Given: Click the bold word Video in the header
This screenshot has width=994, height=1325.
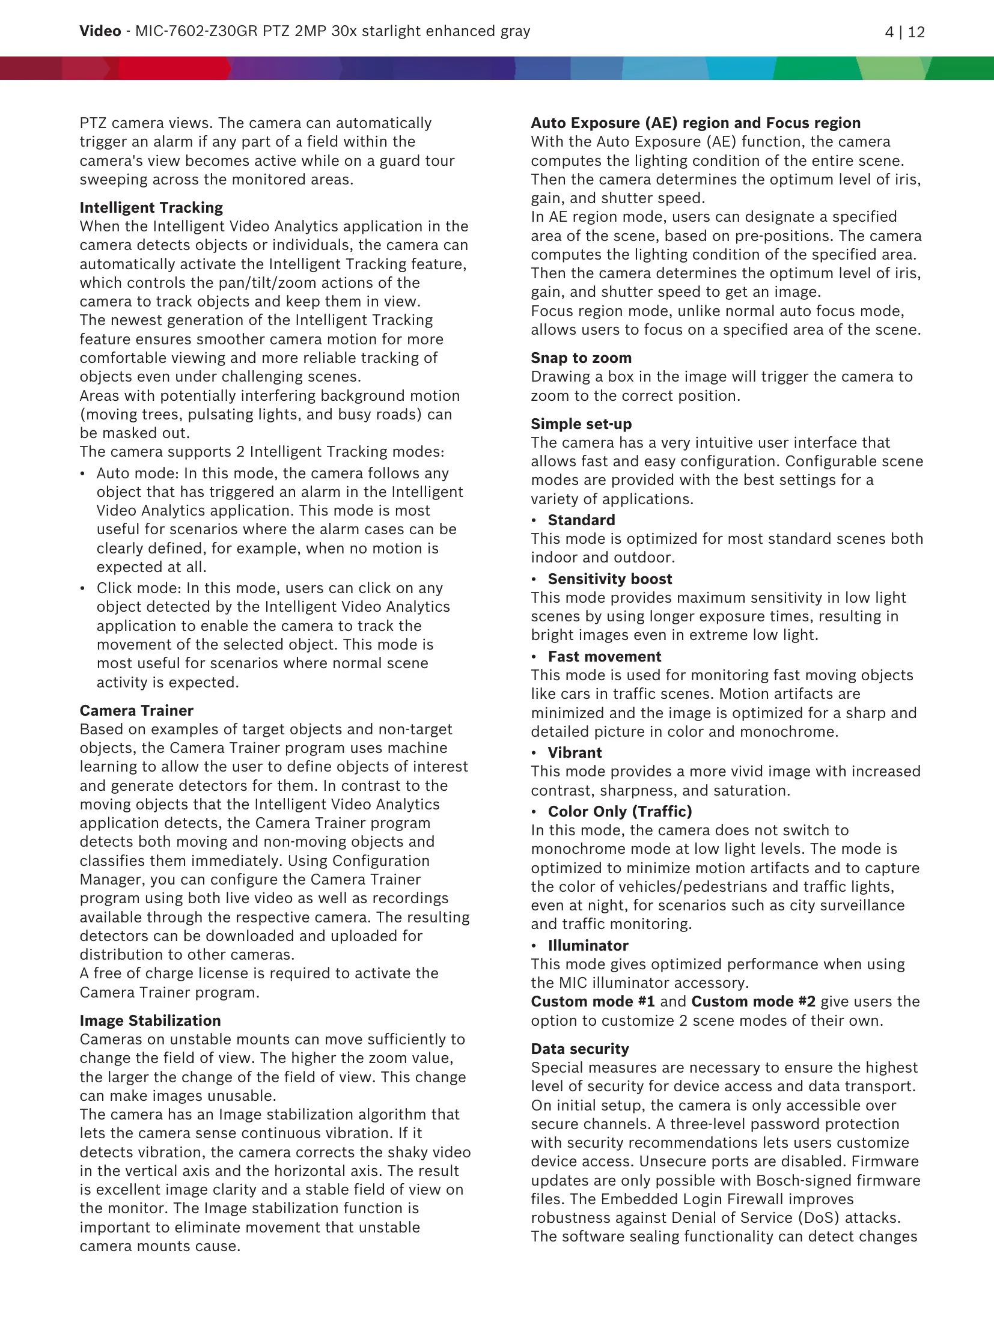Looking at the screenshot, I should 100,31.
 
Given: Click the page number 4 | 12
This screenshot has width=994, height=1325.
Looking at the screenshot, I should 904,32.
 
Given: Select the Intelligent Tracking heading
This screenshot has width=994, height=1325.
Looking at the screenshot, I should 151,207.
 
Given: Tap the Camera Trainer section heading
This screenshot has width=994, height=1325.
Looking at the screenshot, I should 136,710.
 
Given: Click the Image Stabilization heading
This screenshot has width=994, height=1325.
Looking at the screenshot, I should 150,1020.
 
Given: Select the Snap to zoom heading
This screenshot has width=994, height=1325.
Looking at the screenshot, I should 581,358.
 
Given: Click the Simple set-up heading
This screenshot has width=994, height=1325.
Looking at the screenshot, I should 581,424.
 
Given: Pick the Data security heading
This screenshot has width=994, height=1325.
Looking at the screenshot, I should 580,1049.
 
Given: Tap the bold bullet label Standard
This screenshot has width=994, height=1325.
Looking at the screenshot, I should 581,520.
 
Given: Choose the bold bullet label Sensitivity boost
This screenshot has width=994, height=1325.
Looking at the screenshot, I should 609,579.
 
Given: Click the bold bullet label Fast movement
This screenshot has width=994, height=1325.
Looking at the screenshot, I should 604,656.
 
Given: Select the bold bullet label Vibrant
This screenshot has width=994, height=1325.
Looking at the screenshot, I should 575,752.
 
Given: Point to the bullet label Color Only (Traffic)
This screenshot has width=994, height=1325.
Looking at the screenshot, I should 620,811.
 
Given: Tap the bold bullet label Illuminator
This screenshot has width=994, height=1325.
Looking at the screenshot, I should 588,945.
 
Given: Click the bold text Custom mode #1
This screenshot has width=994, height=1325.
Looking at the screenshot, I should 593,1001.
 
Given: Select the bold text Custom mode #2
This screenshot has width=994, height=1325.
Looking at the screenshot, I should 753,1001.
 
